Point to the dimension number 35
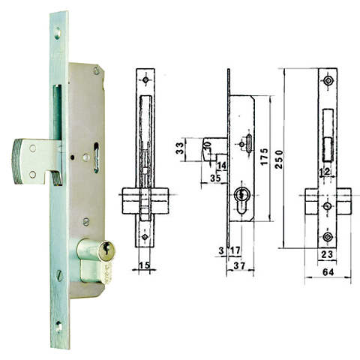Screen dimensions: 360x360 tap(216, 178)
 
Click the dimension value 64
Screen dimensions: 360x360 tap(327, 274)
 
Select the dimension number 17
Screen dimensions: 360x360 tap(234, 250)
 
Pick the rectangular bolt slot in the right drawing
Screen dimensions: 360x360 tap(327, 135)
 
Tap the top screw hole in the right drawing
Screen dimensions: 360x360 tap(328, 80)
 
